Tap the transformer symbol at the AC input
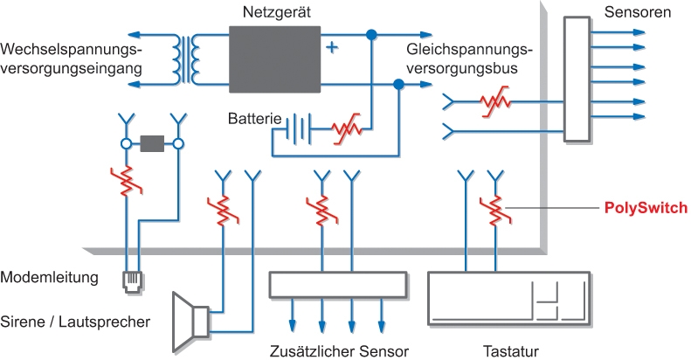pyautogui.click(x=185, y=60)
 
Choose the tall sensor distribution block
pyautogui.click(x=577, y=78)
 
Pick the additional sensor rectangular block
pyautogui.click(x=337, y=285)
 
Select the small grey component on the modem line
pyautogui.click(x=153, y=142)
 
